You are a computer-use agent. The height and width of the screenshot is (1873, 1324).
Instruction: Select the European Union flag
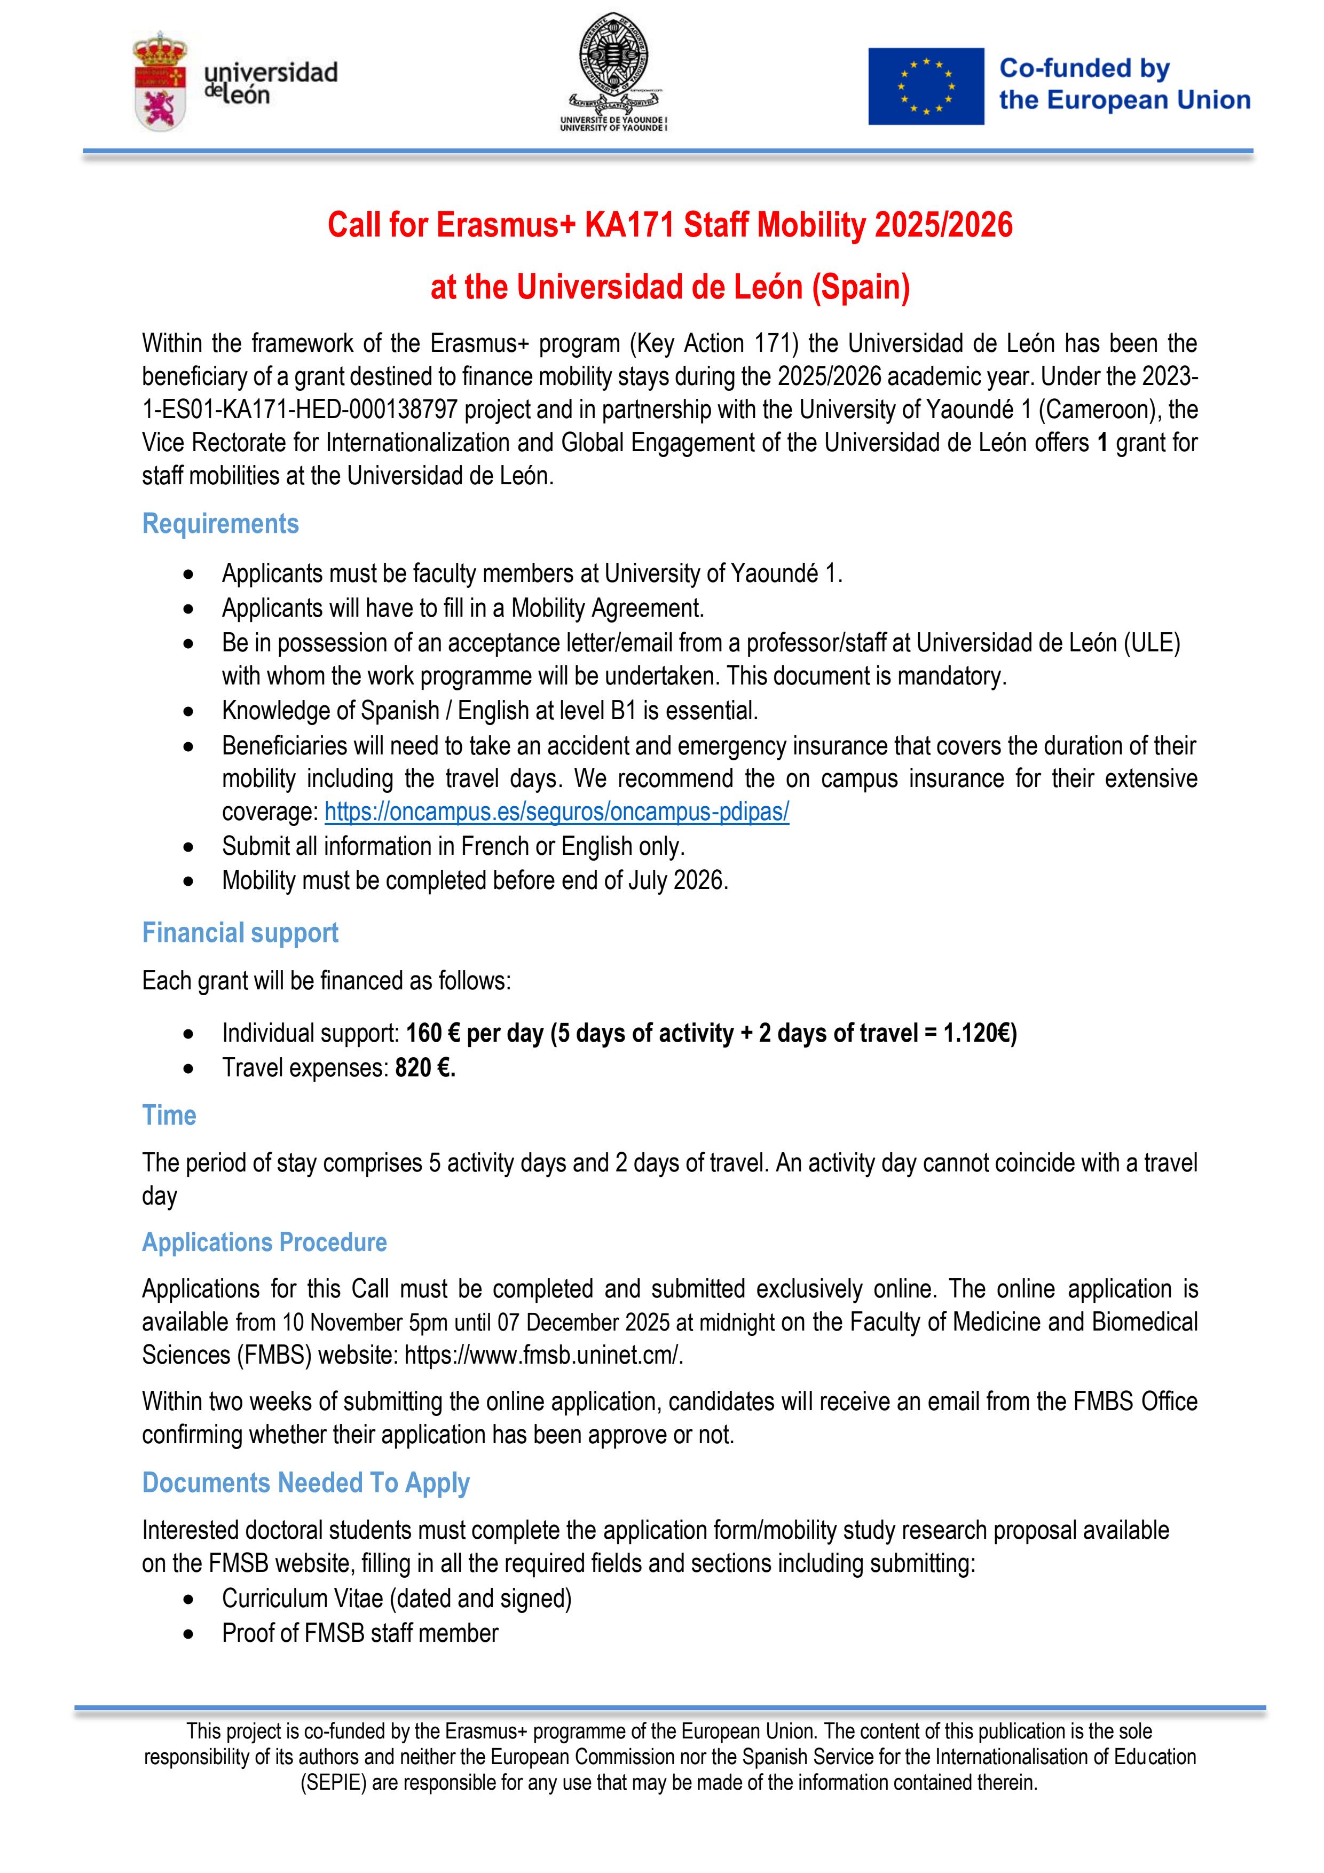[x=925, y=86]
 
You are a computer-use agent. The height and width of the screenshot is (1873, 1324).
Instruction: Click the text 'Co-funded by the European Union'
[x=1124, y=84]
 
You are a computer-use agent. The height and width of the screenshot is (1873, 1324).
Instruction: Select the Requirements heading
[x=220, y=524]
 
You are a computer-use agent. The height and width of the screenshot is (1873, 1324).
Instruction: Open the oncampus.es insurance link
[x=556, y=812]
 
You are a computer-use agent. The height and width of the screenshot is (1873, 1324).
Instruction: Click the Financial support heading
[x=240, y=932]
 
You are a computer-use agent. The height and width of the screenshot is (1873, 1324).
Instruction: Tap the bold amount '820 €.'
[x=425, y=1068]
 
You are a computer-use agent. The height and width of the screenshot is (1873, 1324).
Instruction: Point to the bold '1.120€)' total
[x=980, y=1034]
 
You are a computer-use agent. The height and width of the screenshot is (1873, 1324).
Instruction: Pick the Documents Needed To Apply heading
[x=306, y=1482]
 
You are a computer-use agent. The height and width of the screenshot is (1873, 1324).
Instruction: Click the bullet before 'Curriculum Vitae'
[x=190, y=1599]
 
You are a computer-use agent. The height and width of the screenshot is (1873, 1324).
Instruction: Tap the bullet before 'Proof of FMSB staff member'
[x=190, y=1634]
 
